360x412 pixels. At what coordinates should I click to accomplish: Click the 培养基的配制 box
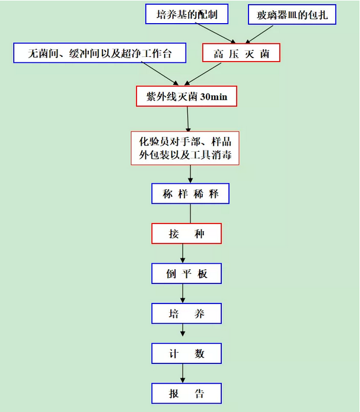pos(187,14)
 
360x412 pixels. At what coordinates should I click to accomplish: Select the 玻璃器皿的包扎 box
pos(292,14)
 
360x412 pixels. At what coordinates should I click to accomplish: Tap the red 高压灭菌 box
pos(241,53)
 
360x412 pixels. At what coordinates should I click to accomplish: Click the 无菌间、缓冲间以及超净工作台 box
pos(100,53)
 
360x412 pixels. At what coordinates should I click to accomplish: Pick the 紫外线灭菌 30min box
pos(186,96)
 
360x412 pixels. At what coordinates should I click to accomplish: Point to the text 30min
pos(214,97)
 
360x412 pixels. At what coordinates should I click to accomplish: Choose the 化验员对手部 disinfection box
pos(185,148)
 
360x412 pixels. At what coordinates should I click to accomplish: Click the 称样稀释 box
pos(190,194)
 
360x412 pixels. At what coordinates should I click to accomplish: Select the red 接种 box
pos(186,234)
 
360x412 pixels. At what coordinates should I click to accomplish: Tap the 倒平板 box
pos(186,273)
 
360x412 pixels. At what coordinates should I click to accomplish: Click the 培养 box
pos(186,314)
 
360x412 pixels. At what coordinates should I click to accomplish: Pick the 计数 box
pos(186,353)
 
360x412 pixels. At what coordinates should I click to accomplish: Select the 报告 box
pos(186,394)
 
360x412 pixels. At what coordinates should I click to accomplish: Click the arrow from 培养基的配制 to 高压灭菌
pos(215,33)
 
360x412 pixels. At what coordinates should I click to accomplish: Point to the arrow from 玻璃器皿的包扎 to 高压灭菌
pos(259,34)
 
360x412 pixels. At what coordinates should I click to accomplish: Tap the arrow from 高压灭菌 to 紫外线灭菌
pos(203,74)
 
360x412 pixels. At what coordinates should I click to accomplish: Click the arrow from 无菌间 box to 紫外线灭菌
pos(160,74)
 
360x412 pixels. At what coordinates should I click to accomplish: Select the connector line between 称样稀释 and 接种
pos(190,213)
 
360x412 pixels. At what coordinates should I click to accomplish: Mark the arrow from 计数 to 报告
pos(183,373)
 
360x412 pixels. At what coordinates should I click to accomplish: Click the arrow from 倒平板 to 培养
pos(183,293)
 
